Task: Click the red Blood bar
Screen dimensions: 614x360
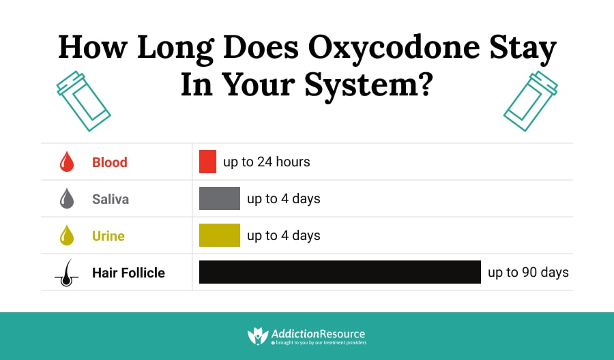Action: tap(207, 162)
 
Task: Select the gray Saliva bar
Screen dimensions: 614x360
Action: tap(220, 198)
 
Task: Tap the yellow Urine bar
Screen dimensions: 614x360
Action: tap(220, 235)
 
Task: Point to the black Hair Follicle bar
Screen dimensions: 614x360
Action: tap(340, 272)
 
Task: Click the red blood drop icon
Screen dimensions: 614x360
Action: tap(67, 162)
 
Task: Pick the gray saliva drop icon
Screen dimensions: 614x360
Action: tap(67, 198)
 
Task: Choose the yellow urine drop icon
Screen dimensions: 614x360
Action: tap(67, 235)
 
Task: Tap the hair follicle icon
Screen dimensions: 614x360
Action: tap(67, 273)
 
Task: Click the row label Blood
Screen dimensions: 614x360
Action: tap(110, 162)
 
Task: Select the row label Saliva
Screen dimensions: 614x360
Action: tap(111, 199)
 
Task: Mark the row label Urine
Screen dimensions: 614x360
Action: tap(108, 235)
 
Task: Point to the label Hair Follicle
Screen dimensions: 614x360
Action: tap(128, 272)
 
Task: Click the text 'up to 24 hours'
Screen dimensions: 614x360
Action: tap(267, 162)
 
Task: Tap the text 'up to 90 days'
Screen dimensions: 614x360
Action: tap(528, 272)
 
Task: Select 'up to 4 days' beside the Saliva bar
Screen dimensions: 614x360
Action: tap(284, 198)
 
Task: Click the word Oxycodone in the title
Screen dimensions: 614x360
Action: tap(394, 48)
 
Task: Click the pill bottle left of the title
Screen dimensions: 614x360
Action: tap(83, 101)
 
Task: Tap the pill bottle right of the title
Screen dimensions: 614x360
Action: tap(531, 101)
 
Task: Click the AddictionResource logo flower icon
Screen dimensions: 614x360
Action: tap(258, 335)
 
